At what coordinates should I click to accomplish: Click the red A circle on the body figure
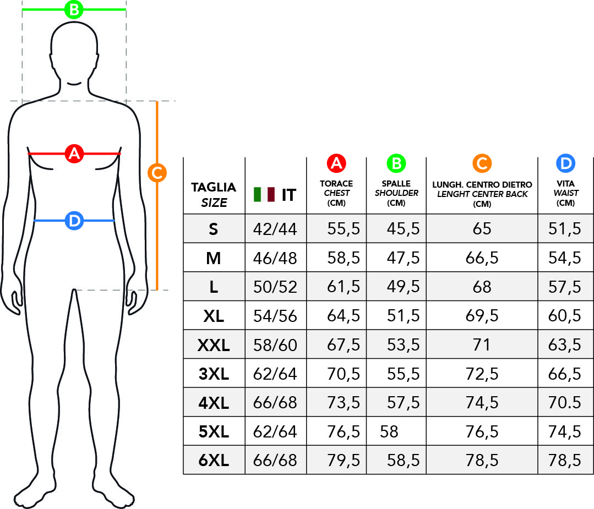74,154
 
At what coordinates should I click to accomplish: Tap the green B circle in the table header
396,163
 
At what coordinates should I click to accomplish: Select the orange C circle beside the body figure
157,173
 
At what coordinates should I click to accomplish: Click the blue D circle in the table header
565,163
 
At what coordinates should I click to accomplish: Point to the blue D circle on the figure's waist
74,221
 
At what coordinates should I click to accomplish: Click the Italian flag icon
264,194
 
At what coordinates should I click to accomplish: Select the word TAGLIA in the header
214,187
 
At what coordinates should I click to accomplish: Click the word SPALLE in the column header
396,184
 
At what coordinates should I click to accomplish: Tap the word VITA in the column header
565,184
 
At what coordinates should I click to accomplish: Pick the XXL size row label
214,345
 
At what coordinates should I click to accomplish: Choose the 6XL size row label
214,461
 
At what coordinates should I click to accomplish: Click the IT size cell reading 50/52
275,287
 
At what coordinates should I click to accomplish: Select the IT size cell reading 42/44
275,229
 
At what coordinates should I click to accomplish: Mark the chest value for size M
344,258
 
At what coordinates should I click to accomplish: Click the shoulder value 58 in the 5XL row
389,432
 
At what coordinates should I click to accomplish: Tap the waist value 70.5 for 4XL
564,403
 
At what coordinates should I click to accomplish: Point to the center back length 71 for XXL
482,345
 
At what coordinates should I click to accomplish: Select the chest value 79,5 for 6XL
344,461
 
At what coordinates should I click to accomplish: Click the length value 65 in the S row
482,229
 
